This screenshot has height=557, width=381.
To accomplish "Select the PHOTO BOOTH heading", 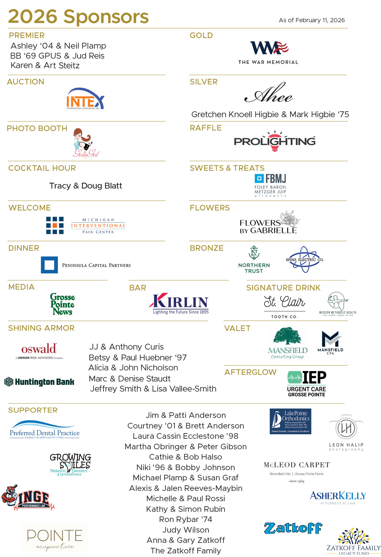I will [x=37, y=128].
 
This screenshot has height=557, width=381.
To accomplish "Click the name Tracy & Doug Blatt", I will [x=86, y=186].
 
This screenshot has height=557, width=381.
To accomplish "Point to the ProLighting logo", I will [x=275, y=141].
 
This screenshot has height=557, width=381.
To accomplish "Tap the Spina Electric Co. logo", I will [x=305, y=260].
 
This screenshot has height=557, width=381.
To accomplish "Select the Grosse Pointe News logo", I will [x=63, y=304].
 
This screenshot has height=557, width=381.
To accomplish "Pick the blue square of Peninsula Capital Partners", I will [x=49, y=265].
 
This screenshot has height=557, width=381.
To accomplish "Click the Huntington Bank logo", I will [x=39, y=382].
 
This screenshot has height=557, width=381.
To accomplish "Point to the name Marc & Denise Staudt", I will [x=130, y=378].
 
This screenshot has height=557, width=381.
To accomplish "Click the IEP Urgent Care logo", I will [x=307, y=384].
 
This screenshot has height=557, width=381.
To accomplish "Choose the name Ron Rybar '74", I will [x=185, y=519].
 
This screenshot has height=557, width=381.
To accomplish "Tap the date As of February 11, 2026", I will [x=312, y=20].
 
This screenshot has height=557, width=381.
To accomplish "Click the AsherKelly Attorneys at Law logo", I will [x=338, y=498].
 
